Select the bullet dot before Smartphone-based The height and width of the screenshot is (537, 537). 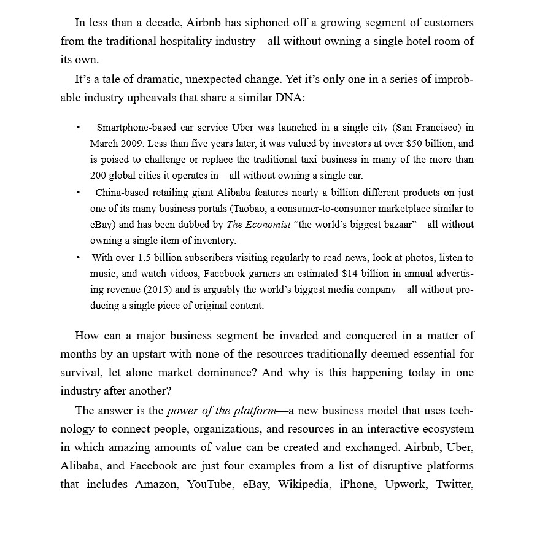pyautogui.click(x=78, y=128)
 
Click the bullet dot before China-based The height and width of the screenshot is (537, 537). pyautogui.click(x=78, y=193)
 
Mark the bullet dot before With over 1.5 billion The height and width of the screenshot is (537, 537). pyautogui.click(x=78, y=258)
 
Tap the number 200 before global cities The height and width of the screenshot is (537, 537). pyautogui.click(x=98, y=176)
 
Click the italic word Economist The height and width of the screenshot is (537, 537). pyautogui.click(x=268, y=225)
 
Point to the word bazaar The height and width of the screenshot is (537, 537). pyautogui.click(x=395, y=225)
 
